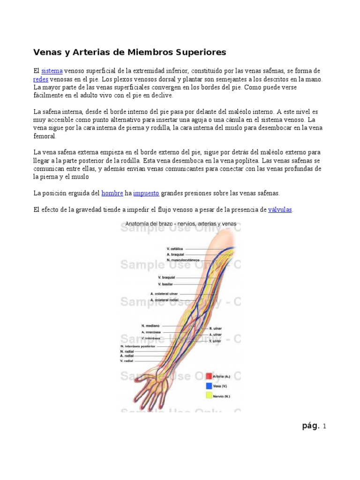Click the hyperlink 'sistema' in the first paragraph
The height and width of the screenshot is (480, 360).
[52, 71]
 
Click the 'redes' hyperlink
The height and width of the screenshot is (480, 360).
[41, 79]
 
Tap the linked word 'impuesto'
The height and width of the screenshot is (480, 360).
[146, 193]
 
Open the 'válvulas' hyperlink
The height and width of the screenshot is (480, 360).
[280, 210]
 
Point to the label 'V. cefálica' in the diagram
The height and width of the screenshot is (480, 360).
[175, 248]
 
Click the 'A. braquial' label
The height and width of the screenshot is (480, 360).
[175, 254]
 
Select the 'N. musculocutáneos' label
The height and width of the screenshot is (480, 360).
[183, 260]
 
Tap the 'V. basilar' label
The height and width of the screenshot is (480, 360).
[165, 284]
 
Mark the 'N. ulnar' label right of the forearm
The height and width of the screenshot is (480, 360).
[215, 329]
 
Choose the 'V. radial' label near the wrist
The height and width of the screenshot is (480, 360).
[127, 361]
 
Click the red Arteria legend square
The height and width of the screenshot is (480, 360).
[209, 376]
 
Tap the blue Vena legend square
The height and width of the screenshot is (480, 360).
[209, 386]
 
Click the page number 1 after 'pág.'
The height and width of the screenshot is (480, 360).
[324, 426]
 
